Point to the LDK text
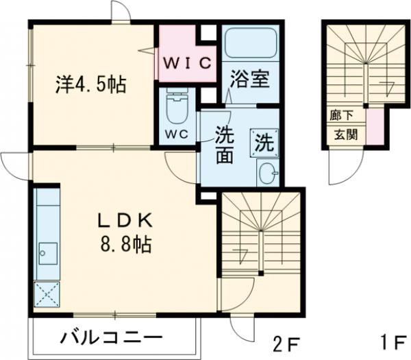pyautogui.click(x=124, y=221)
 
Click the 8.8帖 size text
pyautogui.click(x=124, y=243)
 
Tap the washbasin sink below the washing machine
pyautogui.click(x=267, y=173)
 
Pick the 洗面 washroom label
pyautogui.click(x=223, y=145)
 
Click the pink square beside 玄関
pyautogui.click(x=375, y=127)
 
